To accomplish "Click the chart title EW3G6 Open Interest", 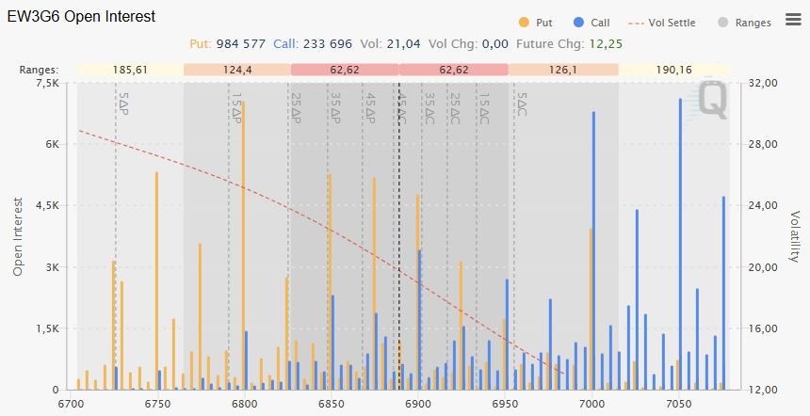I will click(x=82, y=17).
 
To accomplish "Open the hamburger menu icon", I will click(x=792, y=21).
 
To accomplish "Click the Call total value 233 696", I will click(x=315, y=43).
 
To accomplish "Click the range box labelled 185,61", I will click(x=129, y=70).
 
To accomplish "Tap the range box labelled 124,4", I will click(x=237, y=70).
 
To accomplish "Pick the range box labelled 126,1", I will click(x=562, y=70).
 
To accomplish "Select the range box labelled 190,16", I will click(x=672, y=70).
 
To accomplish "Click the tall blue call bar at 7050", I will click(x=680, y=245).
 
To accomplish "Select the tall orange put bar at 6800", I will click(x=243, y=245).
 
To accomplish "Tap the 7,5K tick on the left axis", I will click(x=45, y=84).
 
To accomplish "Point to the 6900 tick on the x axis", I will click(x=417, y=404).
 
